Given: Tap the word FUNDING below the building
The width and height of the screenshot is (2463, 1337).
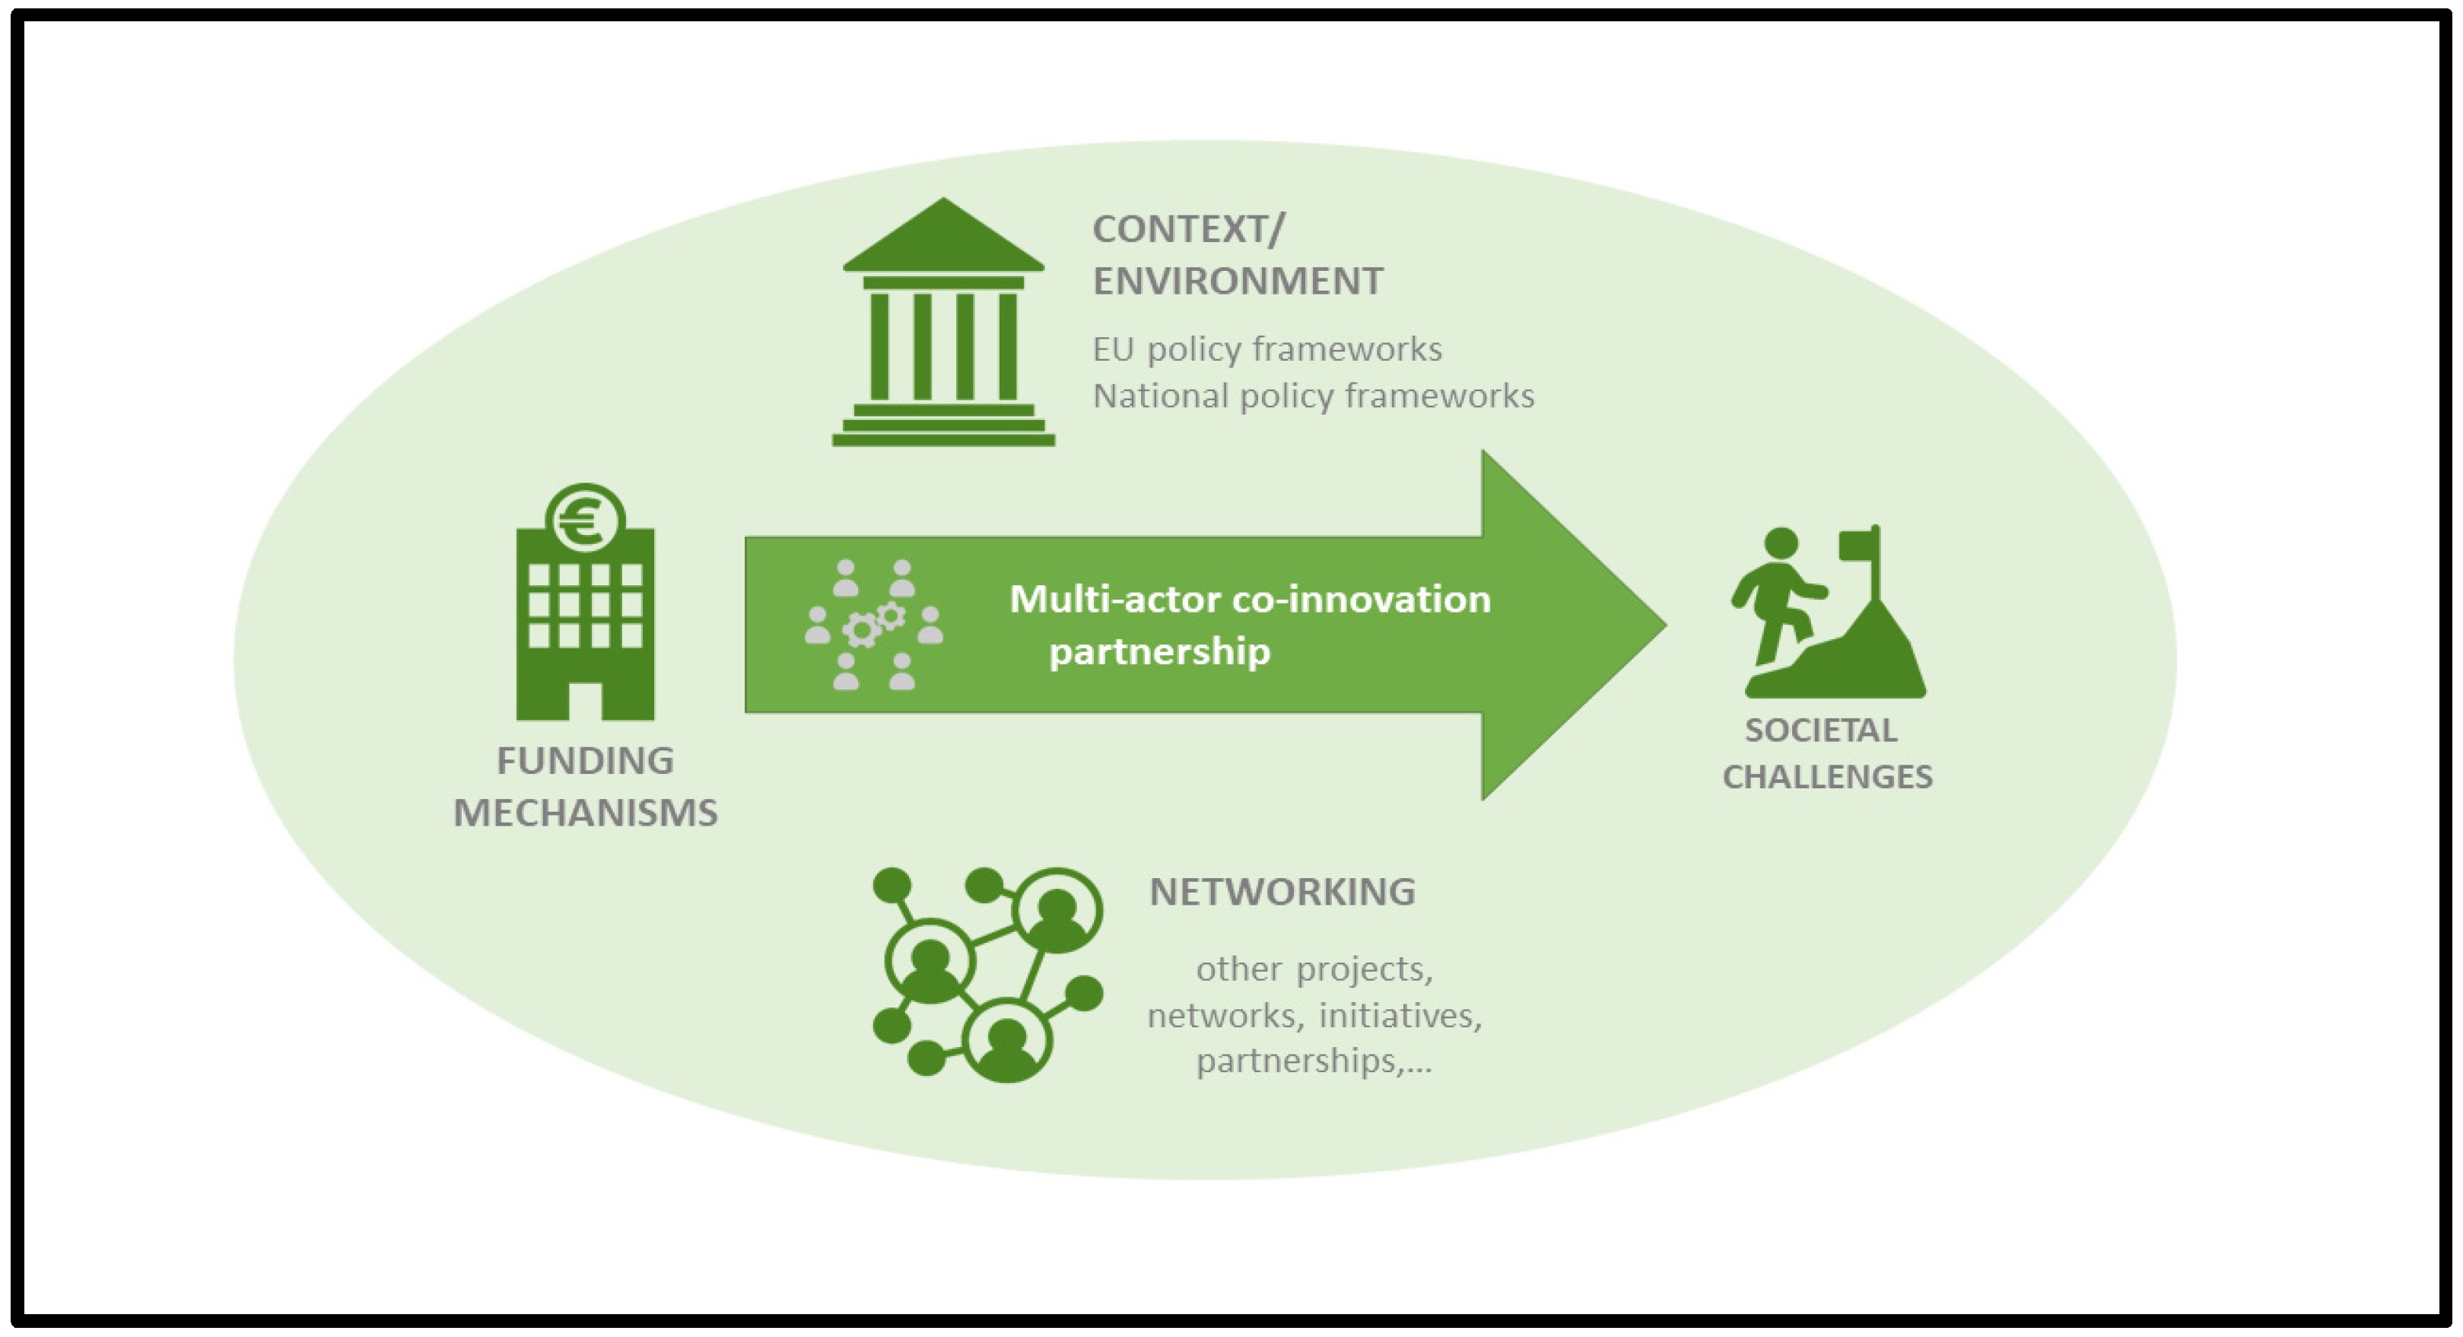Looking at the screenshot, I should point(585,761).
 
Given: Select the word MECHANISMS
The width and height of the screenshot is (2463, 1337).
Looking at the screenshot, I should point(585,813).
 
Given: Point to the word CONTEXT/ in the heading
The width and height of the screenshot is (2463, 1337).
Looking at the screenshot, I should point(1188,230).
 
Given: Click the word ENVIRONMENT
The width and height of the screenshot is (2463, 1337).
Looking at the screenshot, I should point(1238,281).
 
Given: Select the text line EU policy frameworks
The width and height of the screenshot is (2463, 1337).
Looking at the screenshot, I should point(1267,349).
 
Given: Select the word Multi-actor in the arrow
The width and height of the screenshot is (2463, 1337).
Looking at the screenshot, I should point(1113,600).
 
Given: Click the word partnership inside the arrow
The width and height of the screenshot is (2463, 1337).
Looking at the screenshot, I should point(1158,652).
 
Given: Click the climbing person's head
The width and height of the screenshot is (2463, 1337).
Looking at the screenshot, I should point(1781,543).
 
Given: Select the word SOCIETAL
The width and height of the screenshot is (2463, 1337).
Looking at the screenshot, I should point(1820,731).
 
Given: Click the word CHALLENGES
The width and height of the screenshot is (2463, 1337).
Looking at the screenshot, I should point(1827,777).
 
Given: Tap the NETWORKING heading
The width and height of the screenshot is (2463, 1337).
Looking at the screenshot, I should point(1281,891).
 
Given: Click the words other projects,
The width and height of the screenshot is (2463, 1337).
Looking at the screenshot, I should point(1314,969).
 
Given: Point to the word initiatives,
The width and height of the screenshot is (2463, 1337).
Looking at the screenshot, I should point(1400,1014).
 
